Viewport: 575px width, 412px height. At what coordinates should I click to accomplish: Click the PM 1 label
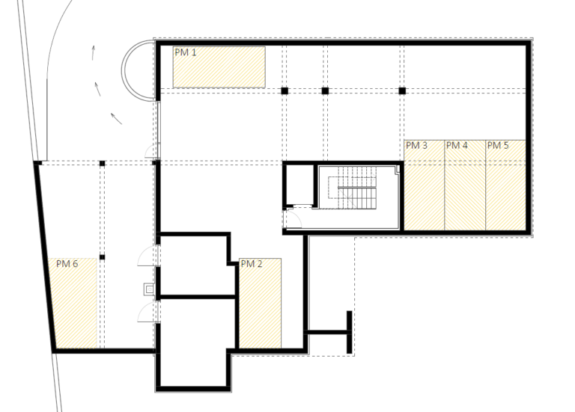185,52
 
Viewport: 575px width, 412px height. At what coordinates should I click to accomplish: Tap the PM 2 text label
252,264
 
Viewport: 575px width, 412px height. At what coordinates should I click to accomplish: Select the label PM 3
416,145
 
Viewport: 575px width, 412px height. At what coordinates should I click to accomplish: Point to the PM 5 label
498,145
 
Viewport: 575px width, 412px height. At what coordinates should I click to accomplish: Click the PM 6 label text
67,264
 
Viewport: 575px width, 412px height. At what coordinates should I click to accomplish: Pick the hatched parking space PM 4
465,185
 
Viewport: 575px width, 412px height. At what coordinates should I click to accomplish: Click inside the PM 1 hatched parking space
219,67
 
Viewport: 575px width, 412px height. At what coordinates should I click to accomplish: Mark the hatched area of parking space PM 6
74,304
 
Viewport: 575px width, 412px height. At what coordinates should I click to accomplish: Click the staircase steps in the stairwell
357,188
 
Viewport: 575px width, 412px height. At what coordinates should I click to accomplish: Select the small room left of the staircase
299,185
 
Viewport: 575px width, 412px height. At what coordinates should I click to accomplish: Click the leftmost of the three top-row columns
285,90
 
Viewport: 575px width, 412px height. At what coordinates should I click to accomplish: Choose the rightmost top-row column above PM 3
402,90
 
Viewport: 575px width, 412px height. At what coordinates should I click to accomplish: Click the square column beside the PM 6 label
103,257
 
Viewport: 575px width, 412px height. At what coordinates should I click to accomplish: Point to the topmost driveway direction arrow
93,52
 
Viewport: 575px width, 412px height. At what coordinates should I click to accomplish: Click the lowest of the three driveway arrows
116,119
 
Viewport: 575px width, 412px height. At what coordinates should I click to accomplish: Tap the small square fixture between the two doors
149,289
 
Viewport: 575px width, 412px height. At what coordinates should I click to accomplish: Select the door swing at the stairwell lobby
293,218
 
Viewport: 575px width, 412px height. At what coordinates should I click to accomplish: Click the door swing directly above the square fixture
147,256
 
